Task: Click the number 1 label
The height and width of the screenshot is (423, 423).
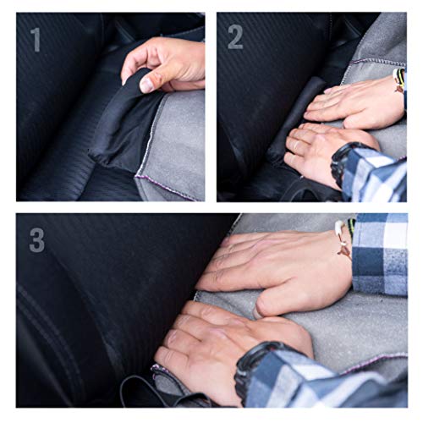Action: pyautogui.click(x=36, y=40)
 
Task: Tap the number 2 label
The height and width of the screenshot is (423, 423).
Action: pyautogui.click(x=235, y=37)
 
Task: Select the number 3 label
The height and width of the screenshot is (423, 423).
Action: pyautogui.click(x=37, y=240)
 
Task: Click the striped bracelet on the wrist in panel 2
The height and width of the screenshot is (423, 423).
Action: pyautogui.click(x=398, y=80)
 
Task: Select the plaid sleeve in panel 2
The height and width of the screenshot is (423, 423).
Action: pyautogui.click(x=374, y=175)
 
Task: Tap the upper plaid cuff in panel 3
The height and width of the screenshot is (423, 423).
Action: pyautogui.click(x=379, y=254)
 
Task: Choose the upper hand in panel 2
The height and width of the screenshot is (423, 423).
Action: pyautogui.click(x=355, y=103)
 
